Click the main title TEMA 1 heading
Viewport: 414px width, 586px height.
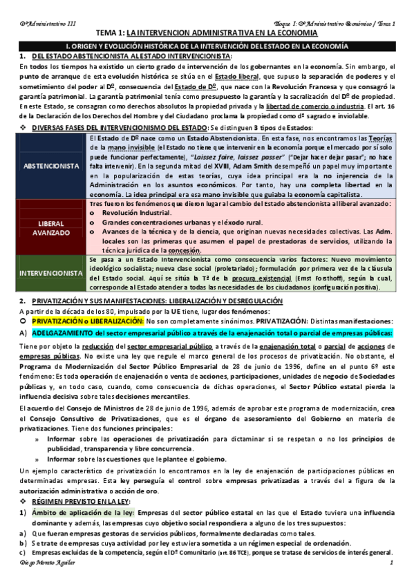207,32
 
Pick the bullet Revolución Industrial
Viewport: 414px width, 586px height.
148,214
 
